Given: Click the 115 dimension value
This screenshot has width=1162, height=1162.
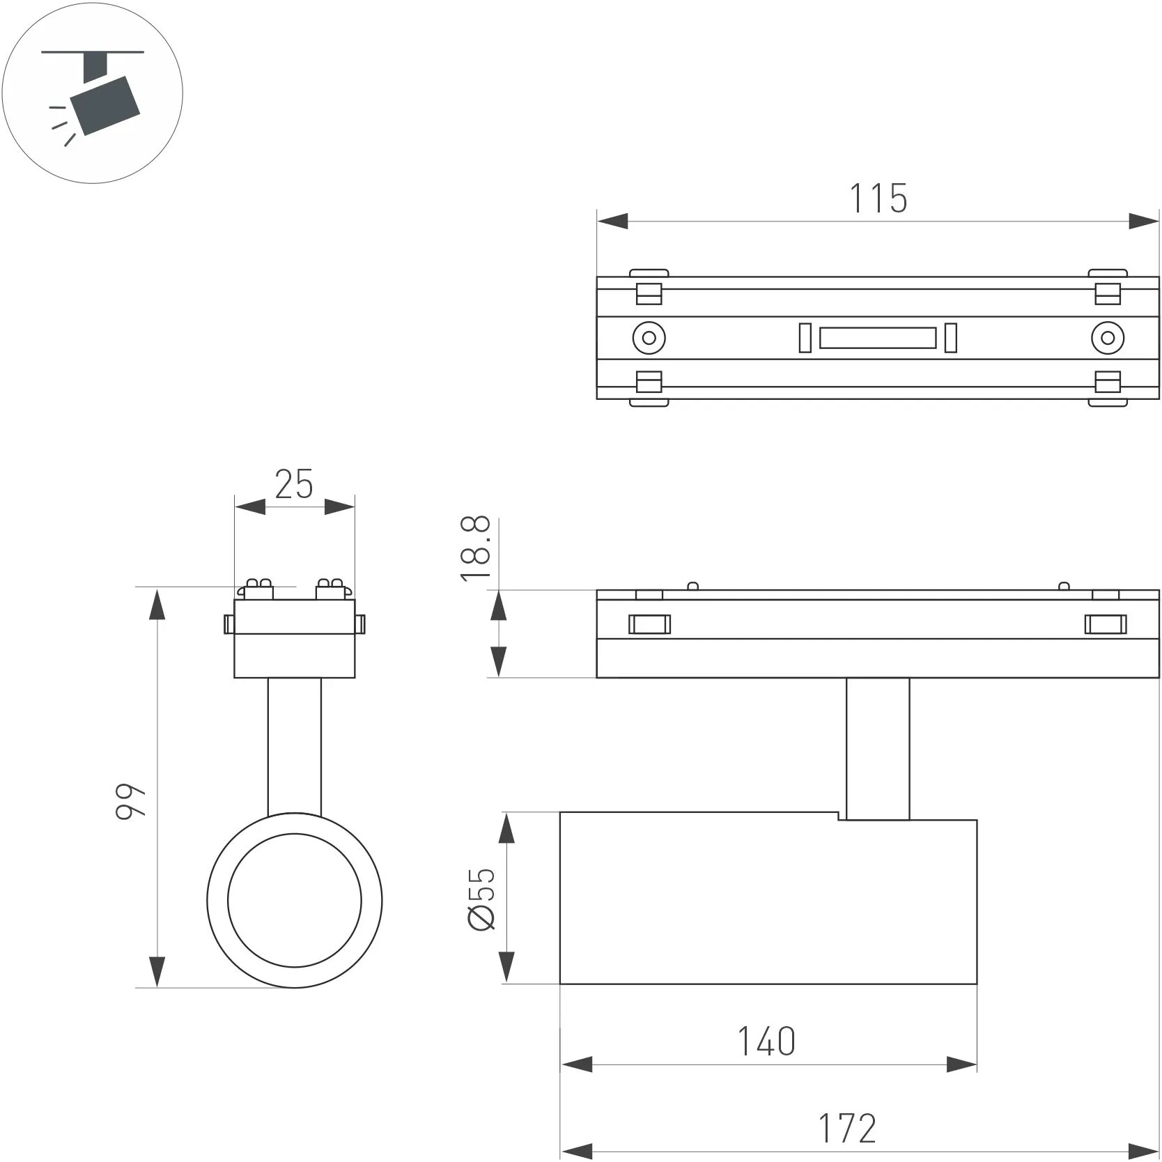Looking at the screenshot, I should click(878, 199).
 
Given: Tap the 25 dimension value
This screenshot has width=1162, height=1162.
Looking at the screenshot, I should click(294, 485).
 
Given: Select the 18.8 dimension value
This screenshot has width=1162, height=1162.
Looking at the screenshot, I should click(477, 548).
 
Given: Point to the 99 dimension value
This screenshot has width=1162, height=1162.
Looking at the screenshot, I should click(131, 801).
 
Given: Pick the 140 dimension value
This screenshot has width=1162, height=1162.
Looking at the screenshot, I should click(766, 1042).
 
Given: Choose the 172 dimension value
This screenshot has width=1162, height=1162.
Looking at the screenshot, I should click(847, 1129).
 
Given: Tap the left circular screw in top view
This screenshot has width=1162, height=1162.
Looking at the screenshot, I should click(649, 338).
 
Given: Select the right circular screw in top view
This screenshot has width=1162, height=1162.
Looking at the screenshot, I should click(1107, 338).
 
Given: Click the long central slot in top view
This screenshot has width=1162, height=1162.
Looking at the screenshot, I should click(878, 339).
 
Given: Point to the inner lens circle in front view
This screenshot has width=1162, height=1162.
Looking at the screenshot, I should click(294, 900).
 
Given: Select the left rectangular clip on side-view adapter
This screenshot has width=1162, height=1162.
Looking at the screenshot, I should click(649, 624).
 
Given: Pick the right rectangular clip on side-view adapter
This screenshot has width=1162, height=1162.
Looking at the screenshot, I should click(1106, 624).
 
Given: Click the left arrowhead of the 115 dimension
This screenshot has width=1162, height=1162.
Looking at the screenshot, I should click(612, 222).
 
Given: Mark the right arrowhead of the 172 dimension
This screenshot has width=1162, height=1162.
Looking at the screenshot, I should click(1145, 1151).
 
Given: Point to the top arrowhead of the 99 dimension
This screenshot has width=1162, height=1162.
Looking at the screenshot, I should click(158, 603).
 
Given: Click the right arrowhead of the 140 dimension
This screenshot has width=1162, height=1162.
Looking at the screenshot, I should click(962, 1064).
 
